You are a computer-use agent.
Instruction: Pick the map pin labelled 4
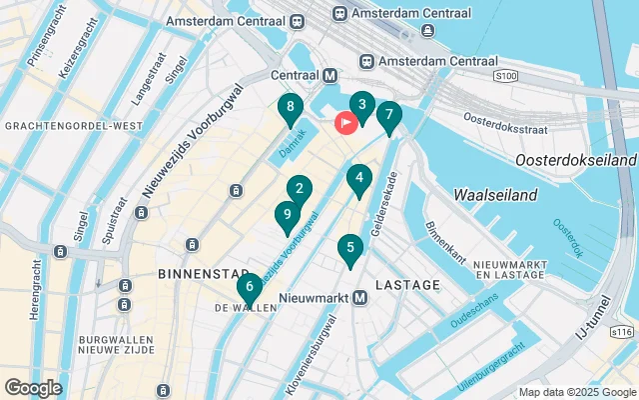tap(358, 179)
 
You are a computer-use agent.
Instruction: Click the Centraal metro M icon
tap(329, 75)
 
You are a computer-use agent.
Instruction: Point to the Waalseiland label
tap(495, 195)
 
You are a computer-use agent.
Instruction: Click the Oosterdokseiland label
tap(575, 160)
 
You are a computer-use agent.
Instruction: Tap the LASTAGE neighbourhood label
tap(407, 285)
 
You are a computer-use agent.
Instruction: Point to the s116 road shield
tap(622, 332)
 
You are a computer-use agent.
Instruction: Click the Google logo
tap(33, 387)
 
